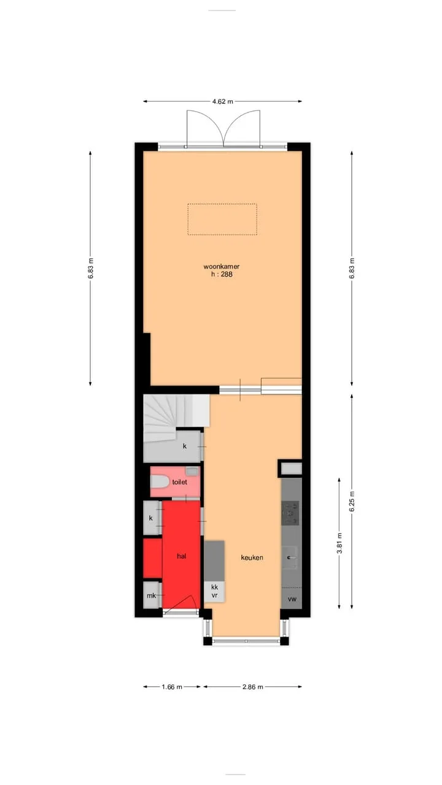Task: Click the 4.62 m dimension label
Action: point(222,102)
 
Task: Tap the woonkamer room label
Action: point(222,266)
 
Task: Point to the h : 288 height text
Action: point(222,274)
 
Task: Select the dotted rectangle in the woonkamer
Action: point(222,219)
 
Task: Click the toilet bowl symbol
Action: point(160,481)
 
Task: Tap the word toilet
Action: point(179,482)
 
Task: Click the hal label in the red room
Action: point(181,556)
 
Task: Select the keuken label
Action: point(252,557)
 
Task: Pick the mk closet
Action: point(152,595)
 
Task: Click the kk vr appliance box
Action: point(214,591)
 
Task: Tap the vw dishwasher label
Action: point(292,599)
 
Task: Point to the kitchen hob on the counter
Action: point(290,513)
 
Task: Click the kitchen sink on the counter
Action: point(290,557)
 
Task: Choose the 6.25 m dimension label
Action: point(352,502)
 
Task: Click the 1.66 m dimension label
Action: point(172,687)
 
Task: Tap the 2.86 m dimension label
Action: point(252,687)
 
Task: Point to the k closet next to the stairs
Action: point(185,446)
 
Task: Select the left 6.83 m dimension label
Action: point(91,268)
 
